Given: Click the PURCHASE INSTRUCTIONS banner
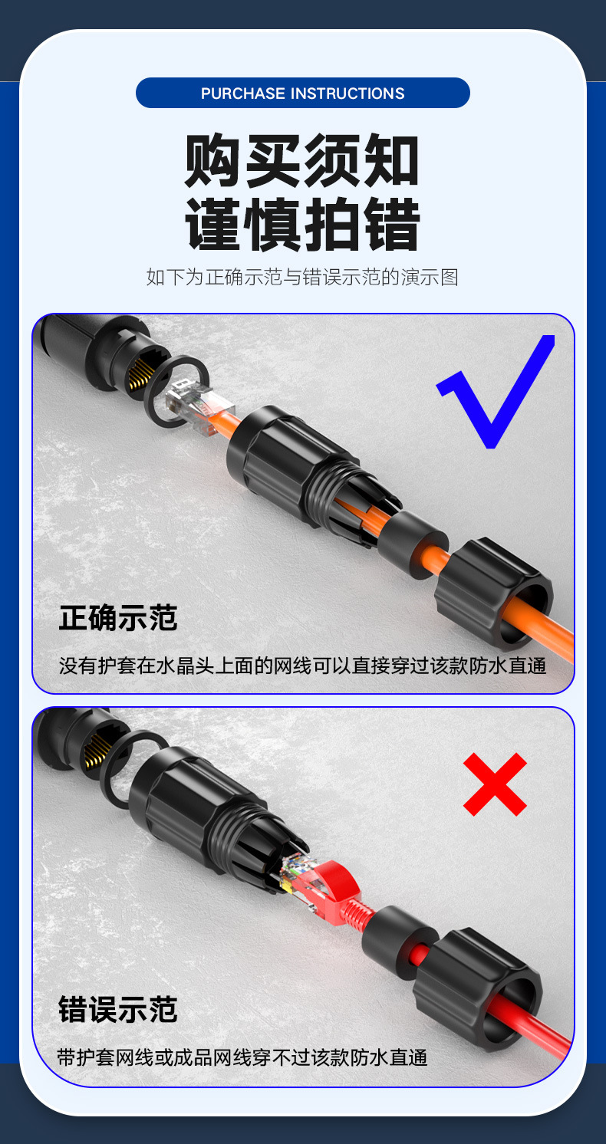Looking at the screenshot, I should (302, 93).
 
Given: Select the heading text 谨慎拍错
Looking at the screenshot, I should (302, 224).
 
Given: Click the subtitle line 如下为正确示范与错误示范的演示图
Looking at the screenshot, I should (302, 277).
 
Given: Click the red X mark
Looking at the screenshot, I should (495, 784).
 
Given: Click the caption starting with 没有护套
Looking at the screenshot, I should (302, 665).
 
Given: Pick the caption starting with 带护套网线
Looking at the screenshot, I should (242, 1058).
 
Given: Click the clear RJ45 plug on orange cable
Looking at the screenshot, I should (192, 406).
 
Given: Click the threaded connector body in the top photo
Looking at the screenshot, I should (299, 468).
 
